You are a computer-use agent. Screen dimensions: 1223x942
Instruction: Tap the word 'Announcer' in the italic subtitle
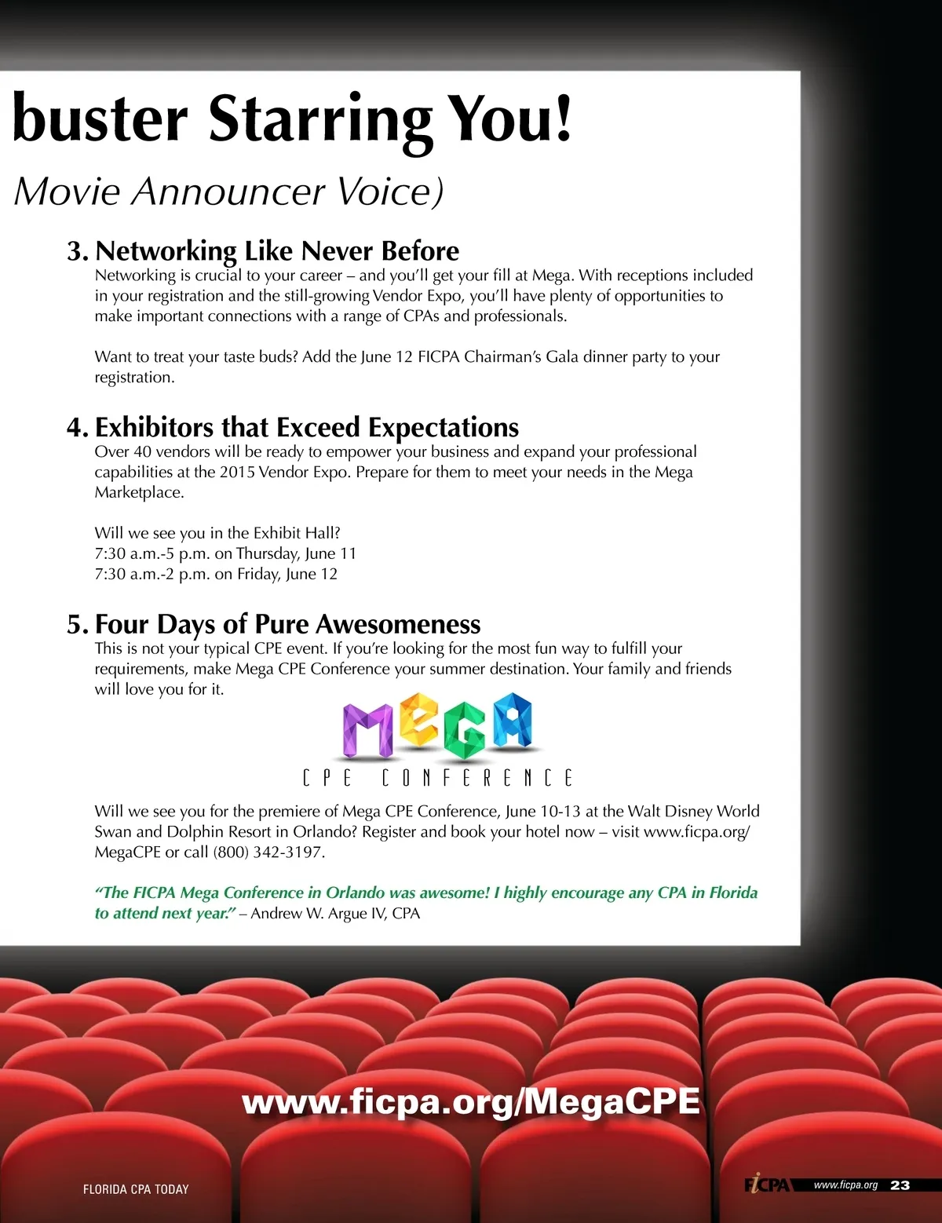coord(228,192)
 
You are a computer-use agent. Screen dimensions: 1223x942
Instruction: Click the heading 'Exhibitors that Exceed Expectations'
coord(306,428)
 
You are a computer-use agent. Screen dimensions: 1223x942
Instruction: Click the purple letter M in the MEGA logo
coord(367,730)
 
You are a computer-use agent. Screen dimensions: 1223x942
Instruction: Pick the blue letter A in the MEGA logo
coord(512,720)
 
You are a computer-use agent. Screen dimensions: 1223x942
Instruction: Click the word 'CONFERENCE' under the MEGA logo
coord(477,778)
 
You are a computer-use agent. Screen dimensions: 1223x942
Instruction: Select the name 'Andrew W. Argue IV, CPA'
coord(335,914)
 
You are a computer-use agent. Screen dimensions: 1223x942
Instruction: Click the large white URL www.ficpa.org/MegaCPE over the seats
coord(471,1101)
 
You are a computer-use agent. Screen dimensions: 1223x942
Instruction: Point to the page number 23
coord(900,1185)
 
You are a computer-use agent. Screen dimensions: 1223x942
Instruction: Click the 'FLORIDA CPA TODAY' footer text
coord(136,1189)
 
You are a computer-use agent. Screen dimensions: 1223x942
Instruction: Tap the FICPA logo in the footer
coord(767,1184)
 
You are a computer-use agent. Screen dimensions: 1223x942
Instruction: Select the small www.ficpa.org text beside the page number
coord(845,1185)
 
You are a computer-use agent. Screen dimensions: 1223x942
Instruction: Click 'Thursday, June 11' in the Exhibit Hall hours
coord(296,554)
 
